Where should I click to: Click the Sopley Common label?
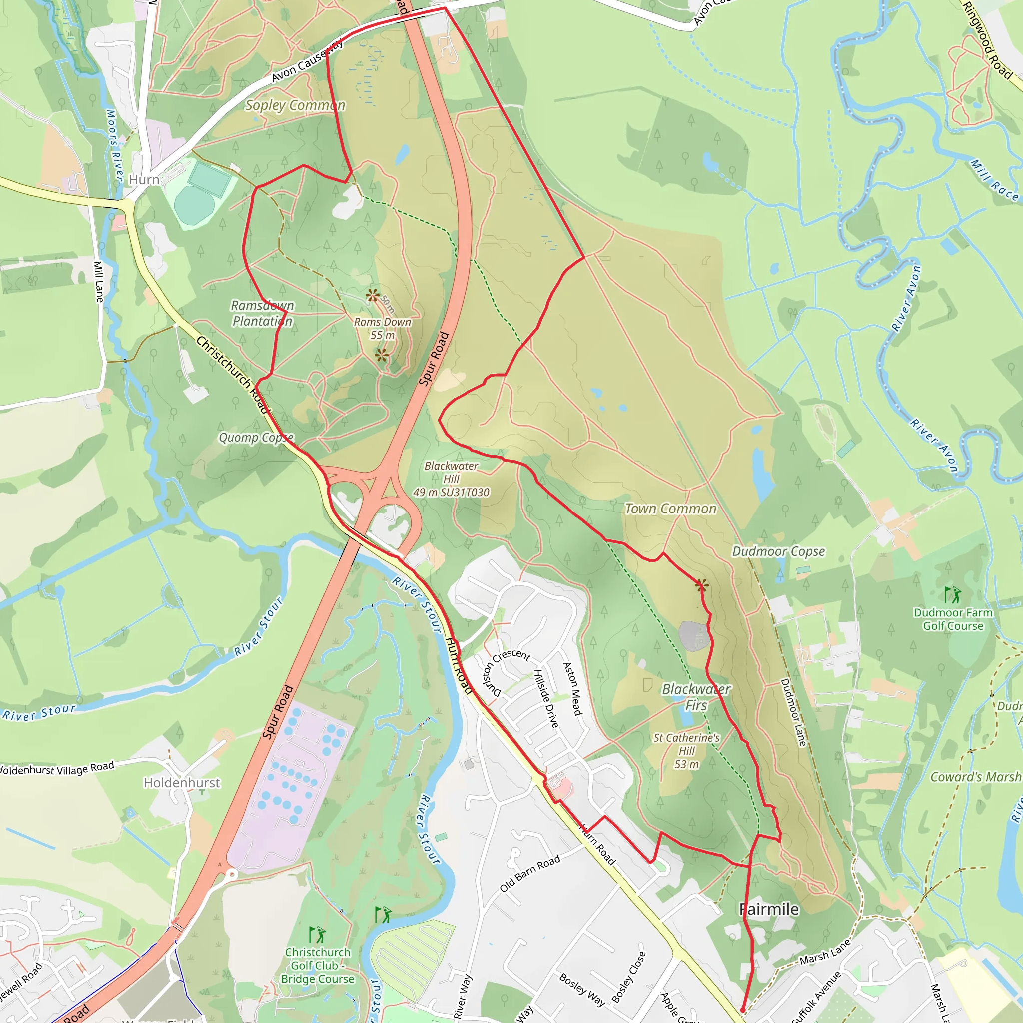[x=295, y=105]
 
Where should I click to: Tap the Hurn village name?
[x=144, y=180]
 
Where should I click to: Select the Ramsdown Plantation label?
[x=262, y=313]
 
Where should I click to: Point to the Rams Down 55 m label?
[x=382, y=328]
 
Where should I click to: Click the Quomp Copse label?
[x=256, y=438]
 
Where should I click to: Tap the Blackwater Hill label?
[x=451, y=479]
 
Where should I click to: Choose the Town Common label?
[x=670, y=509]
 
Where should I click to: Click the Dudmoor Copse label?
[x=778, y=551]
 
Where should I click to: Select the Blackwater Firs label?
[x=696, y=697]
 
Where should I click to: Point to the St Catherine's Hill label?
[x=686, y=751]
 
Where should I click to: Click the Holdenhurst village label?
[x=182, y=783]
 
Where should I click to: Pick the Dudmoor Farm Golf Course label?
[x=953, y=619]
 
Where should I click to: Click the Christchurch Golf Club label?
[x=317, y=965]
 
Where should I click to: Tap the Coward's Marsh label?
[x=976, y=777]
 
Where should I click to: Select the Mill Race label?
[x=994, y=180]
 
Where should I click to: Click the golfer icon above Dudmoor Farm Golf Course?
[x=953, y=594]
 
